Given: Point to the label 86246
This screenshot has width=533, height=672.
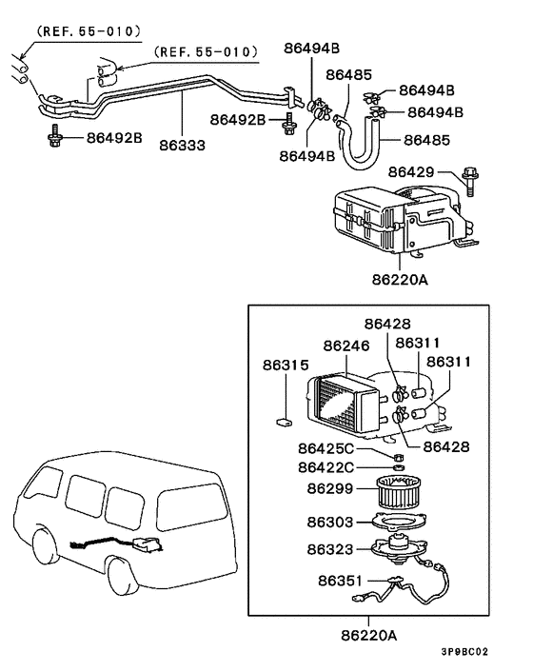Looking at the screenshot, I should pos(345,346).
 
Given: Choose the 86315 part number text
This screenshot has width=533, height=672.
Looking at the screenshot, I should pos(286,365).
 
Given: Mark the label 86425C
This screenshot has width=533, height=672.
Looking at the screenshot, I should pos(326,448).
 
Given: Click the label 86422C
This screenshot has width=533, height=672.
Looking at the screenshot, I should pos(326,466).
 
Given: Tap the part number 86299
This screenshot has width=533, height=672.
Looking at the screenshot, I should pos(329,488).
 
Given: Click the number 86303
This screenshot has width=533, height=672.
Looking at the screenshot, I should pos(329,523).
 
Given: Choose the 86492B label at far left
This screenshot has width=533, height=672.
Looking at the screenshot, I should pos(114,138).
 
